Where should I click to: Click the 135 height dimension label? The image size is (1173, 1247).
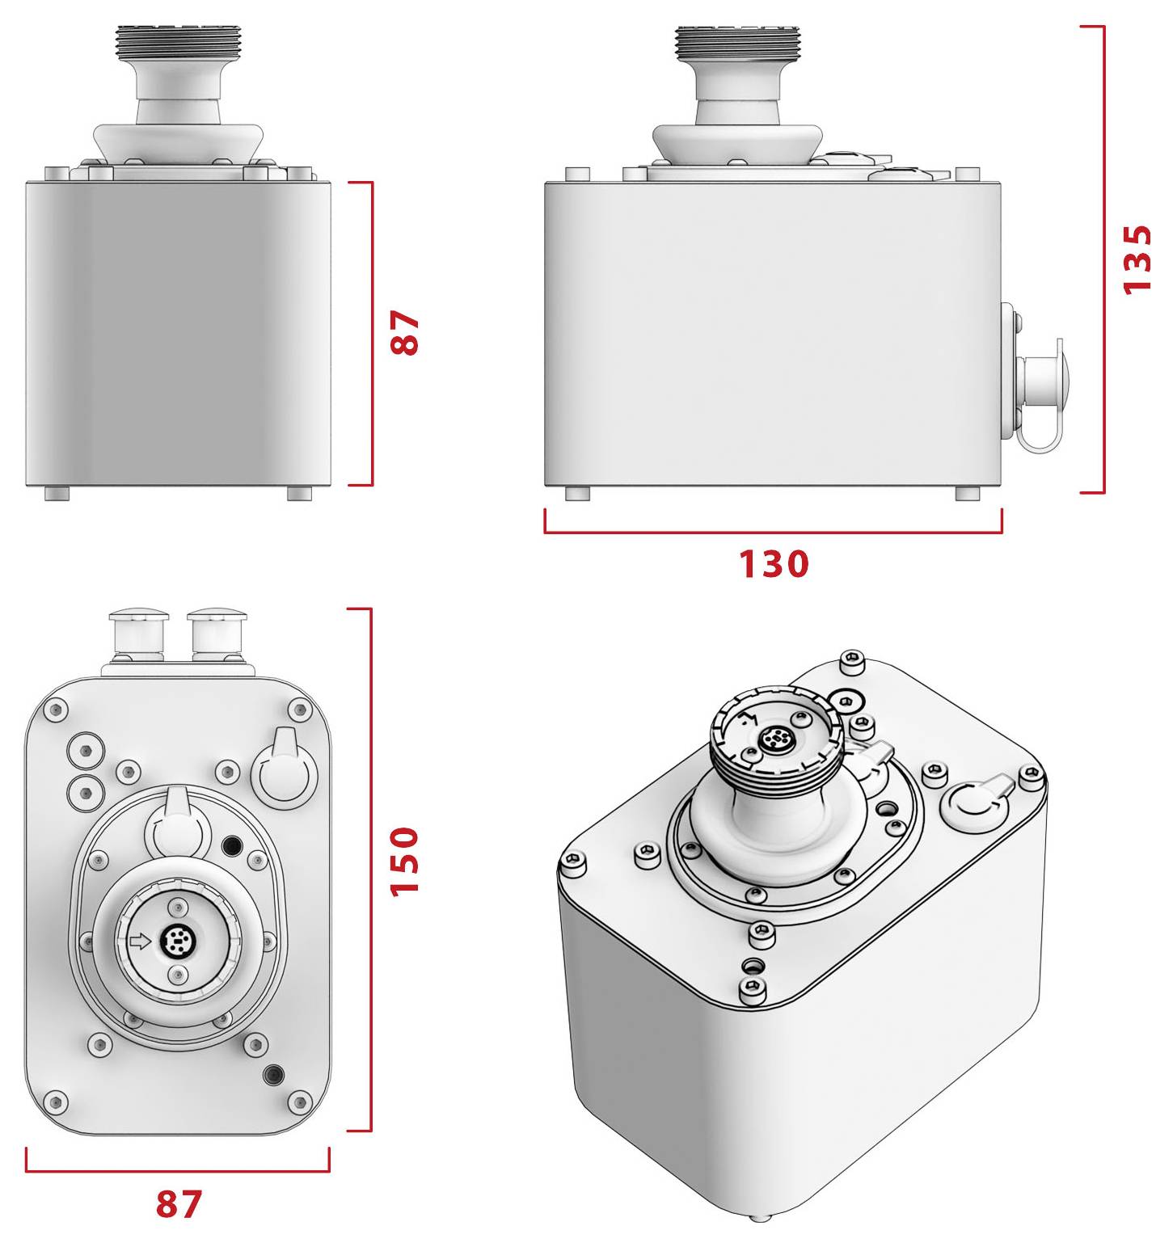click(1137, 259)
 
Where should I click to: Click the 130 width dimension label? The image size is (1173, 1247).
click(774, 564)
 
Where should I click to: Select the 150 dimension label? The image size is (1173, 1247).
click(405, 860)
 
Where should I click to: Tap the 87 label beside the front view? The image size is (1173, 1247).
click(405, 333)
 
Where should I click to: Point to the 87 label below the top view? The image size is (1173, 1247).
click(179, 1204)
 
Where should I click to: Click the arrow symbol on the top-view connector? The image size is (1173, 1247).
click(140, 941)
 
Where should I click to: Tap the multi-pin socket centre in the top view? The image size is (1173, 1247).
click(175, 940)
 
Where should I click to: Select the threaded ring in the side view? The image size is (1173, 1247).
click(736, 42)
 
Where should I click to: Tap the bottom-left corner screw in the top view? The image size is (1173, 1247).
click(55, 1100)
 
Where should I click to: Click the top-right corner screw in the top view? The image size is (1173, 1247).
click(300, 710)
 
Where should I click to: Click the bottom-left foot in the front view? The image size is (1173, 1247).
click(57, 493)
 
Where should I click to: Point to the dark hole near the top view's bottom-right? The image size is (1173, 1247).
click(274, 1074)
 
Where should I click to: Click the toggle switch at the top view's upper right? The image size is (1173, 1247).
click(283, 771)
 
